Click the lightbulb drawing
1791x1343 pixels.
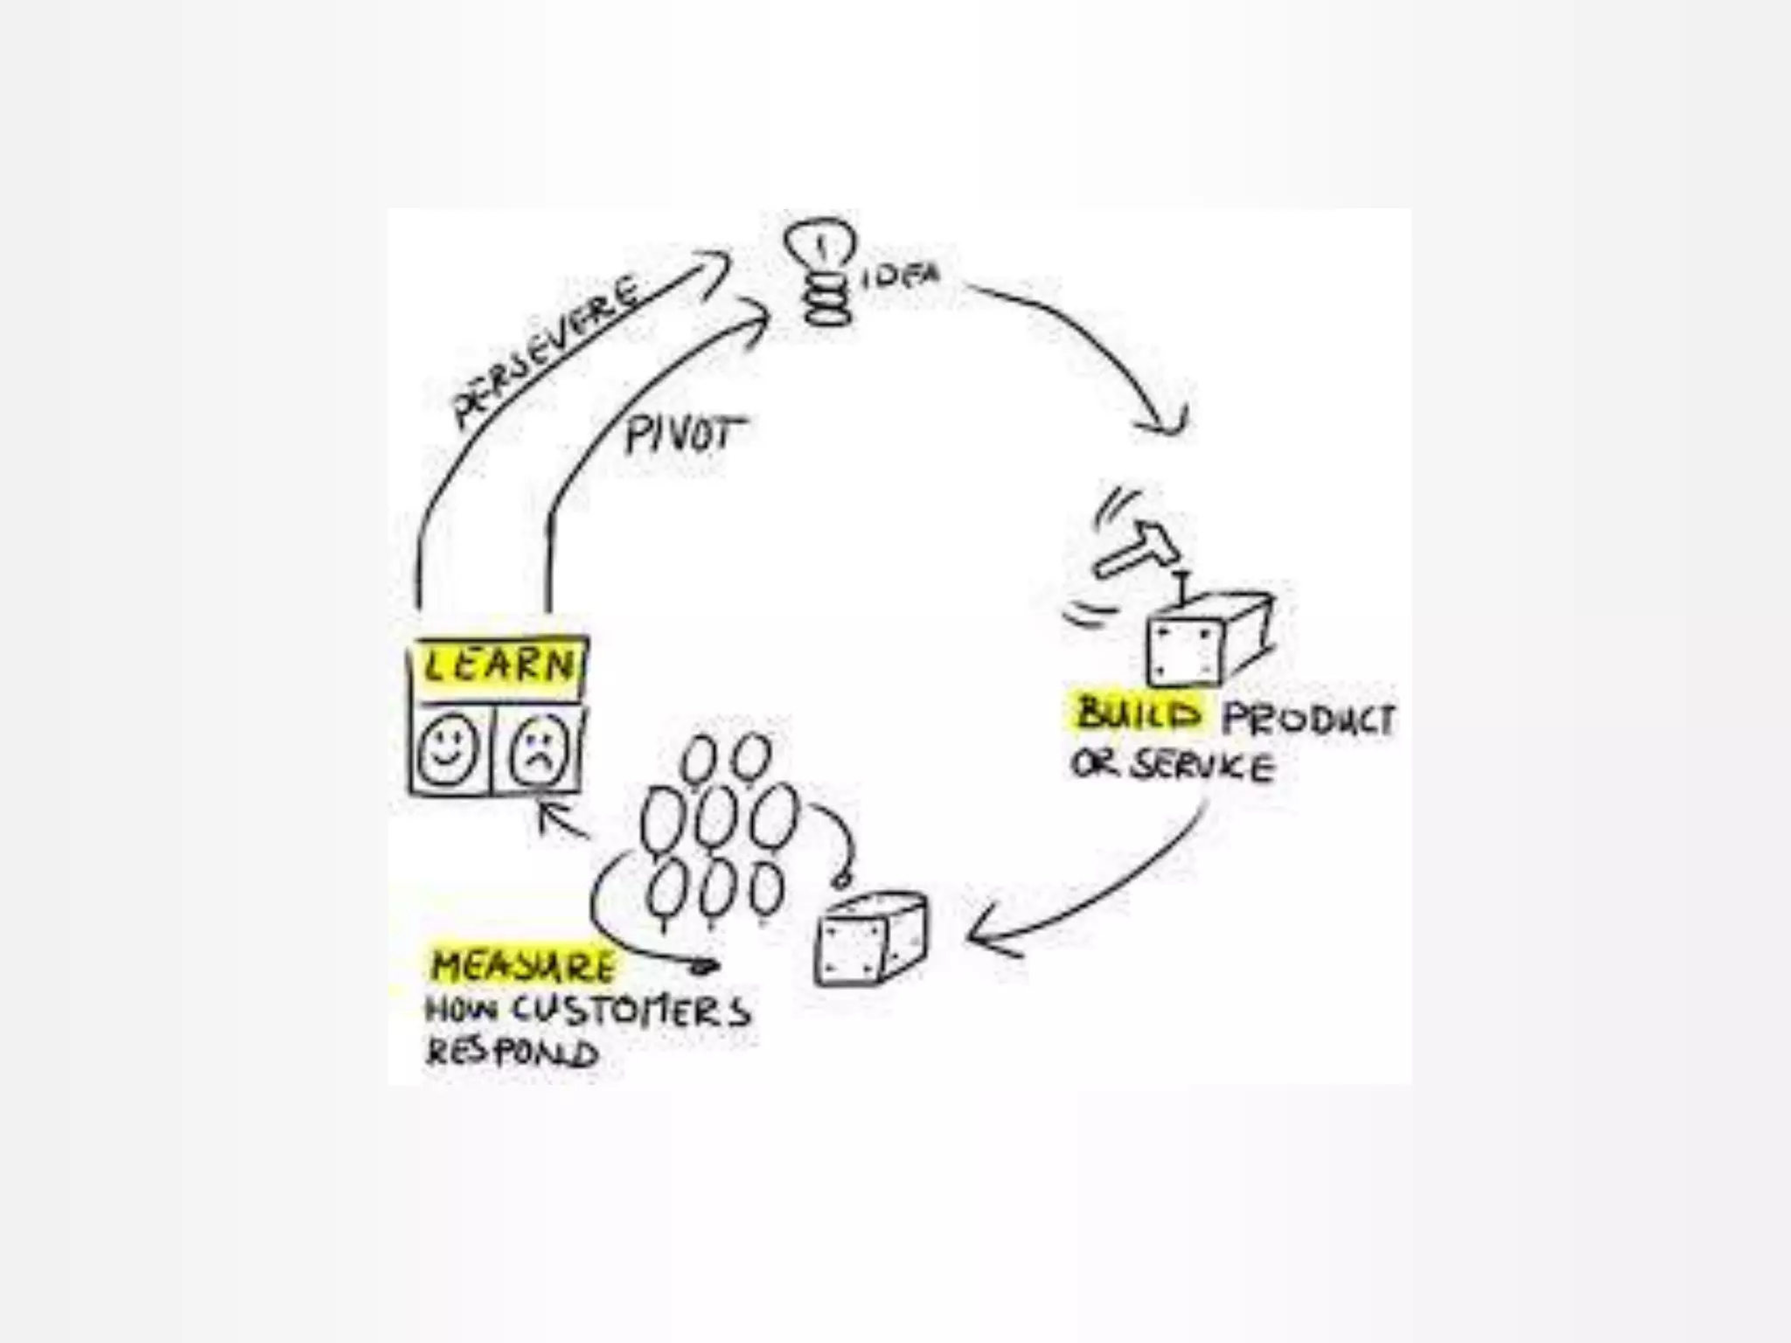[821, 268]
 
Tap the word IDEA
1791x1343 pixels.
[901, 278]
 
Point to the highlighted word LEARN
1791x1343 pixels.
[498, 667]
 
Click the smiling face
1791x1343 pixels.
[448, 751]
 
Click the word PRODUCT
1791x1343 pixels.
[1308, 719]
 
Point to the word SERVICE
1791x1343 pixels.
[1202, 766]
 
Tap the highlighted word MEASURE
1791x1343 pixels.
[523, 966]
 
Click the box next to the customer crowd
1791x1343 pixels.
[870, 940]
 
